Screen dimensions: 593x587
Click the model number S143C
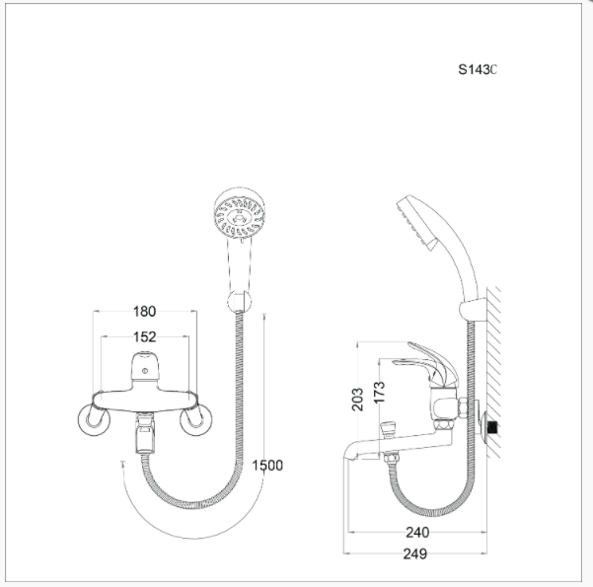478,70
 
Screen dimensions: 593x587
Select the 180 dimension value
144,312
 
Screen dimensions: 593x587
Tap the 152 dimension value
145,337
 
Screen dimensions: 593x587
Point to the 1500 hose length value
267,466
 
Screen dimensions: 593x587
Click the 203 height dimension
357,399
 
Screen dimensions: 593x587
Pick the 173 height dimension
379,392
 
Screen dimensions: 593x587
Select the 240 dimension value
417,533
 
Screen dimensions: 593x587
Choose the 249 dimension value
414,553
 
